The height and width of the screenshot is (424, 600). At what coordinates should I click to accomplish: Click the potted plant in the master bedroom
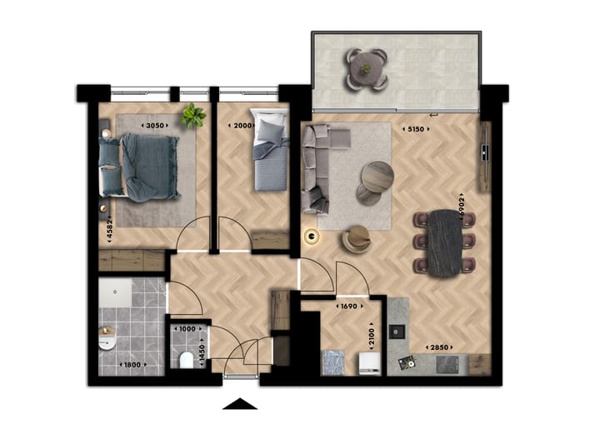[x=193, y=116]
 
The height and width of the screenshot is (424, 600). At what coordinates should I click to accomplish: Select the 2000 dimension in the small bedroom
[x=241, y=125]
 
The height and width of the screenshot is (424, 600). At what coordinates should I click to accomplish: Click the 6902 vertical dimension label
[x=461, y=199]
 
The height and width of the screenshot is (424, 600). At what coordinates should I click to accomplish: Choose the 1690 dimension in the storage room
[x=350, y=307]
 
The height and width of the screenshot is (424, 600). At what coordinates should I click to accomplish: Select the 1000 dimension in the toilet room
[x=187, y=329]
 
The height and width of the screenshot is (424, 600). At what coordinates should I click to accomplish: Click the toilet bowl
[x=187, y=359]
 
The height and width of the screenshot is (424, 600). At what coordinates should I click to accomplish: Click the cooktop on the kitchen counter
[x=447, y=363]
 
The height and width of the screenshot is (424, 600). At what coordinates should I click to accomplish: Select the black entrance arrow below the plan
[x=242, y=404]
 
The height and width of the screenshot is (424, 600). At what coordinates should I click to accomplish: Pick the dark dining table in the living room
[x=443, y=242]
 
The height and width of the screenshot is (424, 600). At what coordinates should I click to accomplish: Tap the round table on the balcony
[x=365, y=70]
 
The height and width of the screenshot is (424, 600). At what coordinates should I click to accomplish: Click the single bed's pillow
[x=270, y=129]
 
